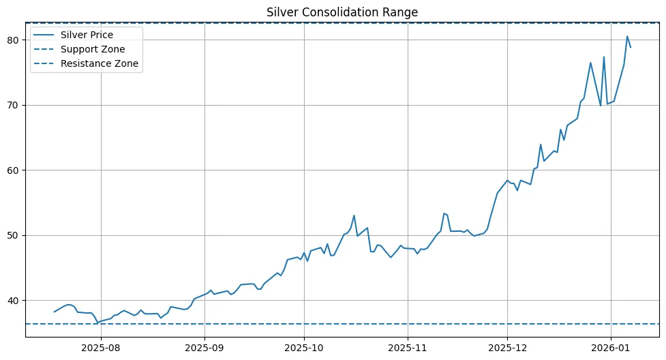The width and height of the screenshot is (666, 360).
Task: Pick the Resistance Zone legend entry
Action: (x=99, y=63)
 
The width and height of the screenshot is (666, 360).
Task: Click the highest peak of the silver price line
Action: (x=627, y=36)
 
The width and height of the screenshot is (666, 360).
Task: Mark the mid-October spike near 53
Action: (x=354, y=215)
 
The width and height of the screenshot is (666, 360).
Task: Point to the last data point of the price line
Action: (x=631, y=47)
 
